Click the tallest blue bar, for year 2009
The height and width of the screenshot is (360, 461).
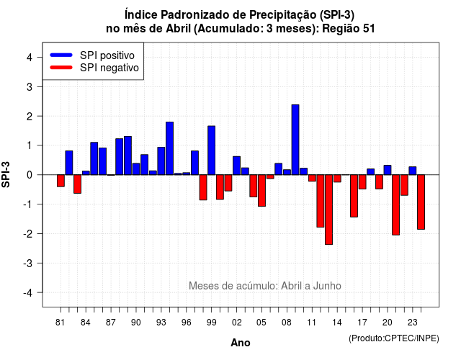(x=295, y=140)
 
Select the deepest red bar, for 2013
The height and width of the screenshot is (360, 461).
(x=328, y=210)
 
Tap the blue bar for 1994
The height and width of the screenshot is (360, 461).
(x=170, y=148)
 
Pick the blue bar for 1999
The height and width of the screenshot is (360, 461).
(x=211, y=150)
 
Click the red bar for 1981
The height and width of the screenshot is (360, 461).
(x=61, y=181)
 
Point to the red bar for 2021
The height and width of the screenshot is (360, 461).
(x=395, y=204)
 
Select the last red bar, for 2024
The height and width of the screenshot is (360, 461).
(x=421, y=202)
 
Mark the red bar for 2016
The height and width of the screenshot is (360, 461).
(x=354, y=196)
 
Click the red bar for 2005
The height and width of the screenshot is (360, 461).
(x=261, y=190)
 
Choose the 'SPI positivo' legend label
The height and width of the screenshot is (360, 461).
(x=107, y=55)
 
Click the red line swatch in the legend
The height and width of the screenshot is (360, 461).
(x=61, y=68)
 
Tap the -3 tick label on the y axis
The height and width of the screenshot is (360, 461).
(x=27, y=263)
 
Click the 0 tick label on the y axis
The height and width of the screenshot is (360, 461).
(x=30, y=175)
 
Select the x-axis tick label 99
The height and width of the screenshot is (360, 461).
(x=211, y=323)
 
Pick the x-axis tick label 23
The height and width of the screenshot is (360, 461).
(x=413, y=323)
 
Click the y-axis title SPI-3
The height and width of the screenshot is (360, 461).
(x=6, y=174)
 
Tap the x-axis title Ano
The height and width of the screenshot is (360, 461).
(x=241, y=343)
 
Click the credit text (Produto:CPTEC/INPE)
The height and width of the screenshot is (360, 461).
(x=394, y=338)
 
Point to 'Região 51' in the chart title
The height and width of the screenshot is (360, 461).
(x=349, y=29)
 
